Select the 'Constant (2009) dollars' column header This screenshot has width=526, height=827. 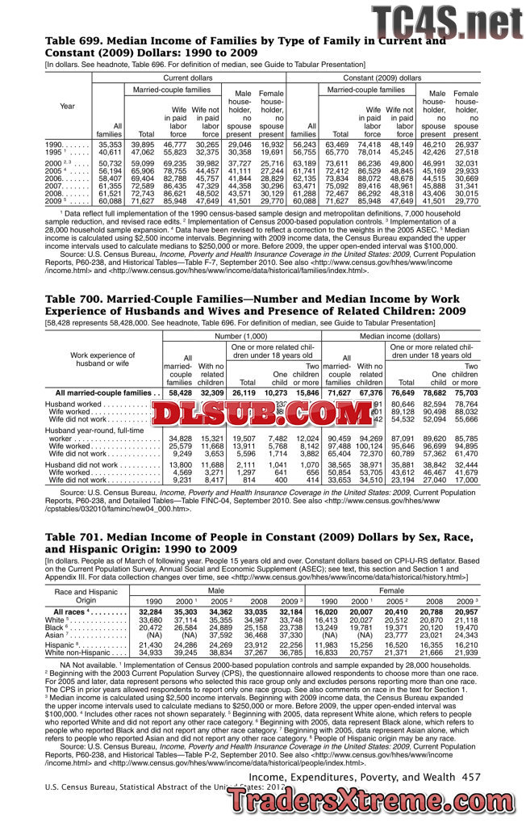pyautogui.click(x=382, y=77)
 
